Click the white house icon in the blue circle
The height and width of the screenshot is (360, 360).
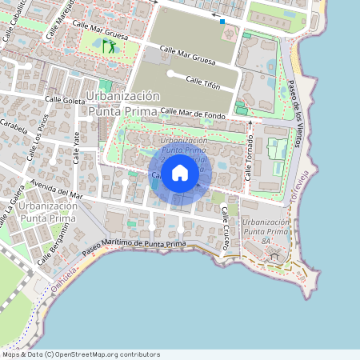pos(180,173)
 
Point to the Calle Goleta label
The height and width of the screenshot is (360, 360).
pos(64,100)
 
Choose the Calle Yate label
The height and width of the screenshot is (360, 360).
pos(78,145)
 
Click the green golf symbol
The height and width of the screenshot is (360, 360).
pos(109,46)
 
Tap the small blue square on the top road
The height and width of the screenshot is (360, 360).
pos(222,22)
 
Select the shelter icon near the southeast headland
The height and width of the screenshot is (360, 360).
pos(276,257)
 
